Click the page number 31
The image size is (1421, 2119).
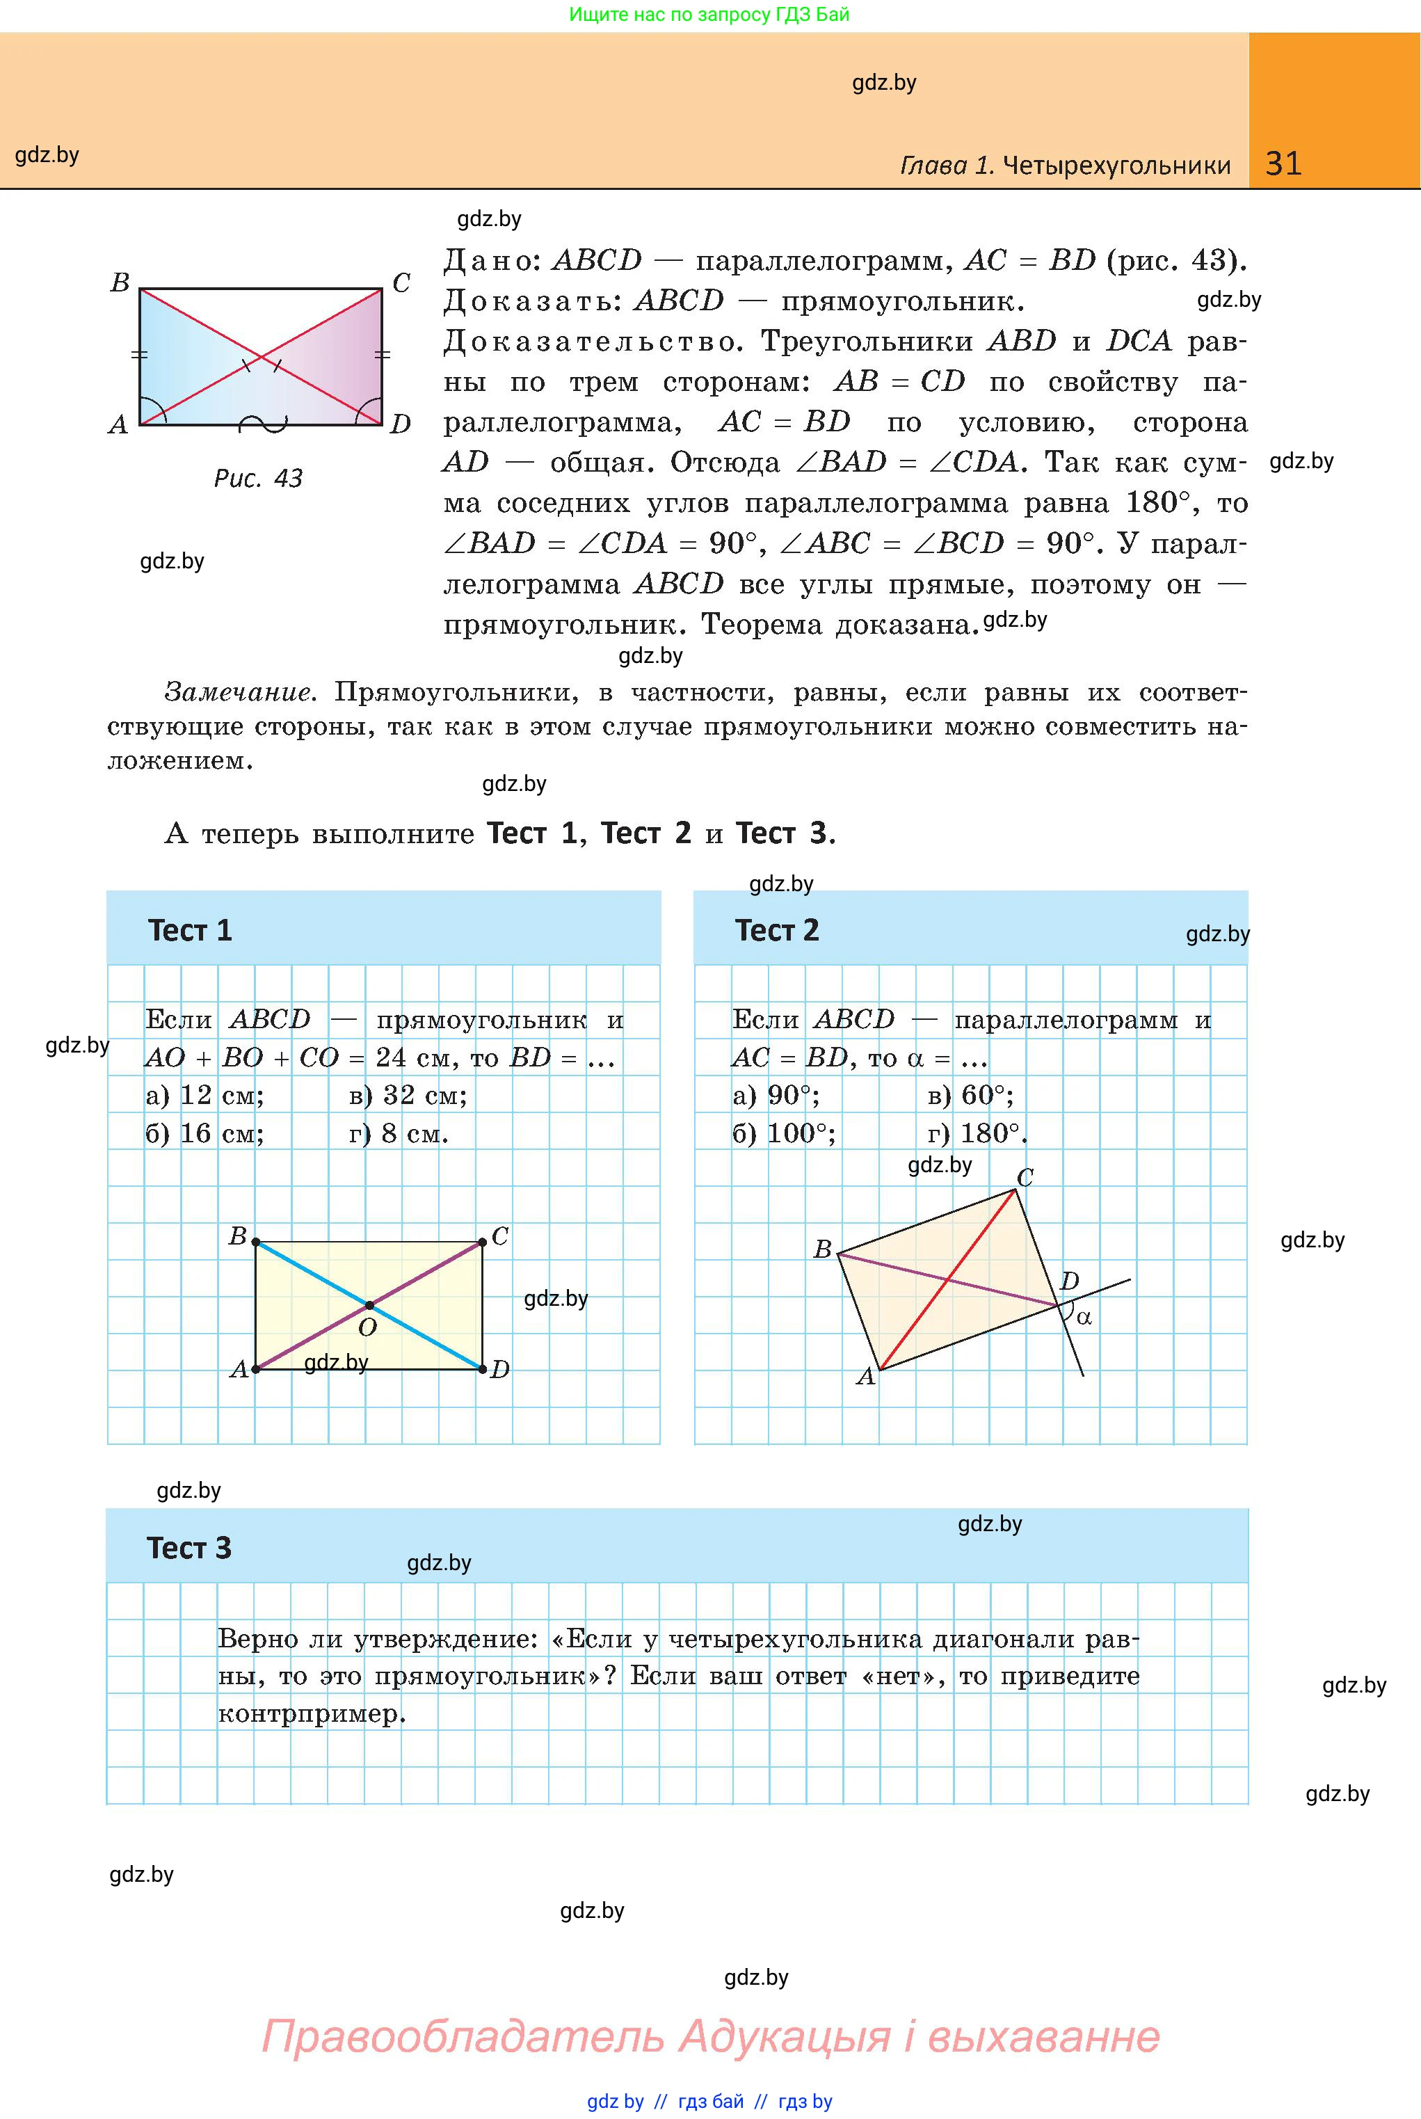pos(1283,163)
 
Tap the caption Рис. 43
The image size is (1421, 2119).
pos(257,478)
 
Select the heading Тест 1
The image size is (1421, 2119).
pos(191,930)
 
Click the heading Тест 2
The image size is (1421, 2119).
pos(777,930)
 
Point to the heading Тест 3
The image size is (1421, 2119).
pos(189,1547)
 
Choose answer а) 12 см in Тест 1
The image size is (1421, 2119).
pos(204,1096)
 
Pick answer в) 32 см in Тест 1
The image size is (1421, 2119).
pos(408,1096)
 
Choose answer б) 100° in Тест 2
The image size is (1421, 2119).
pos(784,1134)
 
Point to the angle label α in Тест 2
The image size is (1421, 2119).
pos(1084,1318)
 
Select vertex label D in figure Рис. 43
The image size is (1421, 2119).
pos(401,424)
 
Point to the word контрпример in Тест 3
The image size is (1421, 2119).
pos(311,1714)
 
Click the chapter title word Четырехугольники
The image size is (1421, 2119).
pos(1118,165)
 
